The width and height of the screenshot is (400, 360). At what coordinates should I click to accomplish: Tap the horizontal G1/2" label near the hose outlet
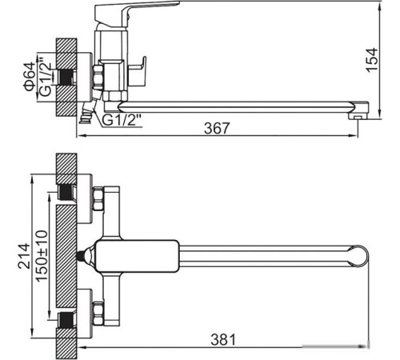tap(122, 120)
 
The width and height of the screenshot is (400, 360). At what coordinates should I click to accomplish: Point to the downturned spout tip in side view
tap(362, 110)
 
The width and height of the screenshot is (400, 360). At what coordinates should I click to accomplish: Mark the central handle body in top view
tap(136, 255)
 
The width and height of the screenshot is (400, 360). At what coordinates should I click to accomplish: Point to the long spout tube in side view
tap(240, 104)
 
